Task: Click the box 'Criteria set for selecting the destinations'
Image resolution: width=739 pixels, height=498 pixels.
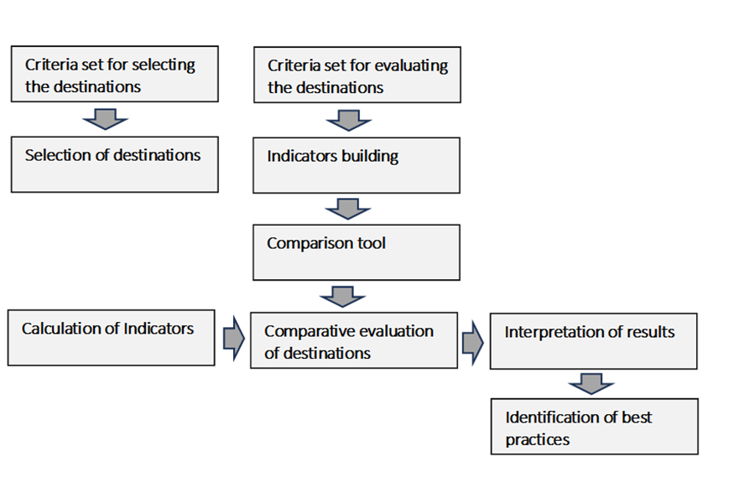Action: click(x=114, y=74)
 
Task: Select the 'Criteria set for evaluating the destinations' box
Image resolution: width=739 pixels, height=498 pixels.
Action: click(x=356, y=76)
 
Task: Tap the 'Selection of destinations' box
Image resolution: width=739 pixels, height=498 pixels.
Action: click(x=114, y=164)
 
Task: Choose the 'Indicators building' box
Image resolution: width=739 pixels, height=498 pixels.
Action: click(x=356, y=165)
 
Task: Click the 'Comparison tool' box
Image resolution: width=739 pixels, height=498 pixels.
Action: click(x=356, y=252)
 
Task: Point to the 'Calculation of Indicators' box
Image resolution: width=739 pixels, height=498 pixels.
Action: click(x=112, y=338)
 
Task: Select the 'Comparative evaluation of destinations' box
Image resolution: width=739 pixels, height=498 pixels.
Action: click(x=354, y=340)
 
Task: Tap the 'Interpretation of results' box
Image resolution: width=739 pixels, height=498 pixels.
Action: click(x=593, y=341)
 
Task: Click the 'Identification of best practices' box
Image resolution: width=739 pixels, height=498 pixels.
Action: click(x=594, y=426)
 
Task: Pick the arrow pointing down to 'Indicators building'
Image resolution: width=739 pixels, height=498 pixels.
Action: click(x=348, y=121)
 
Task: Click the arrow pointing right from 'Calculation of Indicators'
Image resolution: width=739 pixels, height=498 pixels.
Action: click(x=232, y=338)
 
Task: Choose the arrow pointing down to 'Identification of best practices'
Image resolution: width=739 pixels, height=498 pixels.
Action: click(x=591, y=383)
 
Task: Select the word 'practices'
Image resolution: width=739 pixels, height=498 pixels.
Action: click(x=538, y=438)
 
